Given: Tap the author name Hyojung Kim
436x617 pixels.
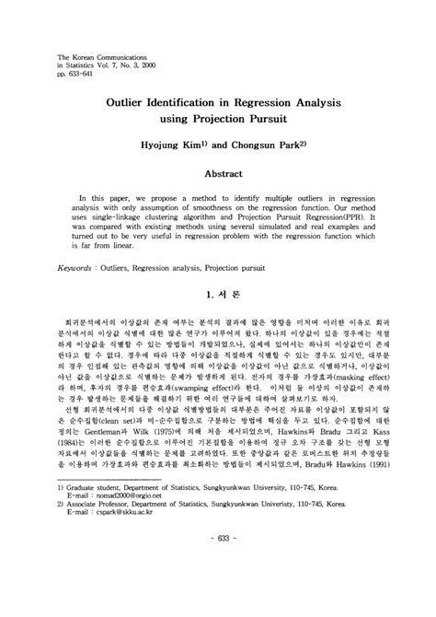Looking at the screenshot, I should coord(182,146).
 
